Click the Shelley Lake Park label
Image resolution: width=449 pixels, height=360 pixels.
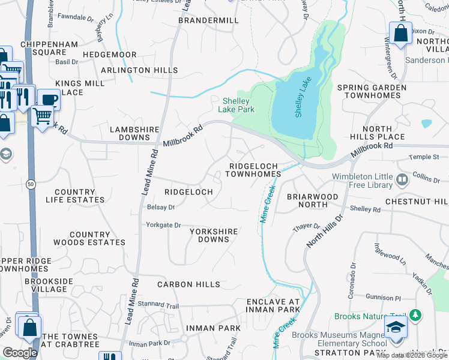coord(238,105)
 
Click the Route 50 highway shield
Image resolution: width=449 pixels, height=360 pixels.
coord(30,182)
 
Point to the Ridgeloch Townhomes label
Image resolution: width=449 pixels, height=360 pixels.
coord(253,169)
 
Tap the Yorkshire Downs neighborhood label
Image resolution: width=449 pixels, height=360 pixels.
coord(214,235)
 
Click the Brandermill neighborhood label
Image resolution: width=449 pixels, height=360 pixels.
coord(209,20)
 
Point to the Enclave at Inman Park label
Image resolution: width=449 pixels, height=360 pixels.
coord(273,305)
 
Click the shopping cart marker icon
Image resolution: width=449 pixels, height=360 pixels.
coord(43,115)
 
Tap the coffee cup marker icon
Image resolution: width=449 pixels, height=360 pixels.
coord(49,98)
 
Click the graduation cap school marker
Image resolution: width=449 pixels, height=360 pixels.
coord(396,328)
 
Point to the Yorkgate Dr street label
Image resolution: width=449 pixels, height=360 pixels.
coord(163,225)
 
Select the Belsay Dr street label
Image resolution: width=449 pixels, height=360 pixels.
coord(160,207)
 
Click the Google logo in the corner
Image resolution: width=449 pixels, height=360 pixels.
coord(20,353)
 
